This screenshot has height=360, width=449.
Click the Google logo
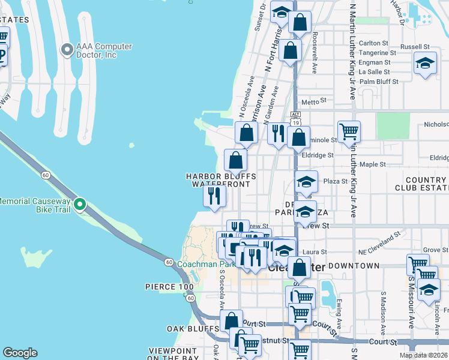click(x=20, y=353)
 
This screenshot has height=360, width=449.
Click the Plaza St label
click(x=336, y=181)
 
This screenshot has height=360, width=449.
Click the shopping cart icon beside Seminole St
click(x=349, y=131)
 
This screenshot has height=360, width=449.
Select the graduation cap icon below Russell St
click(x=425, y=64)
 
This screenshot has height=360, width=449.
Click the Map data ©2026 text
click(x=423, y=355)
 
